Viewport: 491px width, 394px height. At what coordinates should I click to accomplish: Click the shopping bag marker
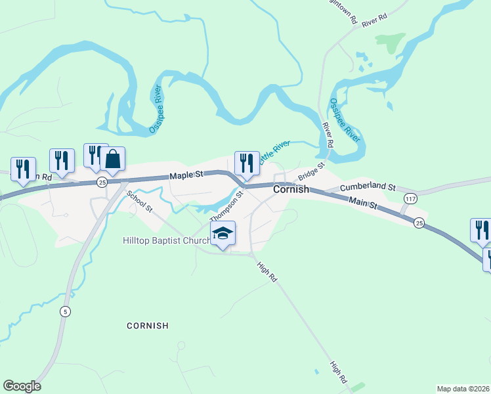pos(112,159)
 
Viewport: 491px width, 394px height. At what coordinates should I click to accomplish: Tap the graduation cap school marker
pos(223,234)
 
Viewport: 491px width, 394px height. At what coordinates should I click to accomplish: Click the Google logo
pos(22,386)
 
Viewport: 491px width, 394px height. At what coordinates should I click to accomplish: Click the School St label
pos(139,202)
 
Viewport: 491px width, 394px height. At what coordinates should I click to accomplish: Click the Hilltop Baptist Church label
pos(165,241)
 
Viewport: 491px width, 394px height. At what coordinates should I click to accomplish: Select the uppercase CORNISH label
pos(148,326)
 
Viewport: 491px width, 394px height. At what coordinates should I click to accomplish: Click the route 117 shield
pos(411,198)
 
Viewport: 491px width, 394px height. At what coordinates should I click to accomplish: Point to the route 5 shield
pos(64,311)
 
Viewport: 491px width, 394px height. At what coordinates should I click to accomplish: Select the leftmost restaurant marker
pos(24,169)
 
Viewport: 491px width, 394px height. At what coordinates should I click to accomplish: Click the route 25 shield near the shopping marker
pos(102,181)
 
